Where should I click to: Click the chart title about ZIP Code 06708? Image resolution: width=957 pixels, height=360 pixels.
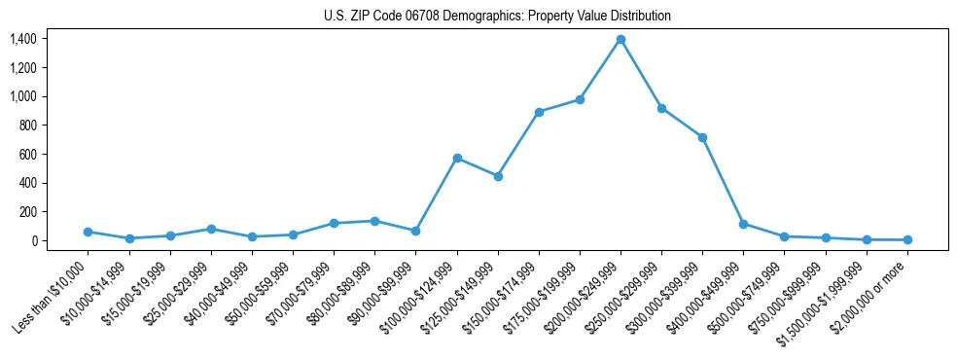[497, 17]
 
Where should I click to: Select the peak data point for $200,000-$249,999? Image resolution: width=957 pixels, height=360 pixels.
[620, 39]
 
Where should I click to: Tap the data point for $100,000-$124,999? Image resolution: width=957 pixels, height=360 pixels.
[457, 158]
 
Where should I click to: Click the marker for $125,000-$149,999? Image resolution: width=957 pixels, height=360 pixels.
[498, 176]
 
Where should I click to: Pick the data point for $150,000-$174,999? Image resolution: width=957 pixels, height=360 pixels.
[539, 112]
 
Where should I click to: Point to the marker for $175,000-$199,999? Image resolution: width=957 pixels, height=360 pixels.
[580, 99]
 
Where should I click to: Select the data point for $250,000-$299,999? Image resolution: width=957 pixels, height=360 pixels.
[661, 108]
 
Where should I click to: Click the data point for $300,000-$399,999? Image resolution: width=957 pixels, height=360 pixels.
[702, 137]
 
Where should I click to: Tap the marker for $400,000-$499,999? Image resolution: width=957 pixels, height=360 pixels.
[743, 224]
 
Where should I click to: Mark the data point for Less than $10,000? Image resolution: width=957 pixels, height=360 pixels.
[88, 232]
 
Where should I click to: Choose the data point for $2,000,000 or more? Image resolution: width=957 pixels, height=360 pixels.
[907, 239]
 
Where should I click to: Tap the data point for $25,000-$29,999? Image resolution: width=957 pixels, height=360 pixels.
[211, 229]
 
